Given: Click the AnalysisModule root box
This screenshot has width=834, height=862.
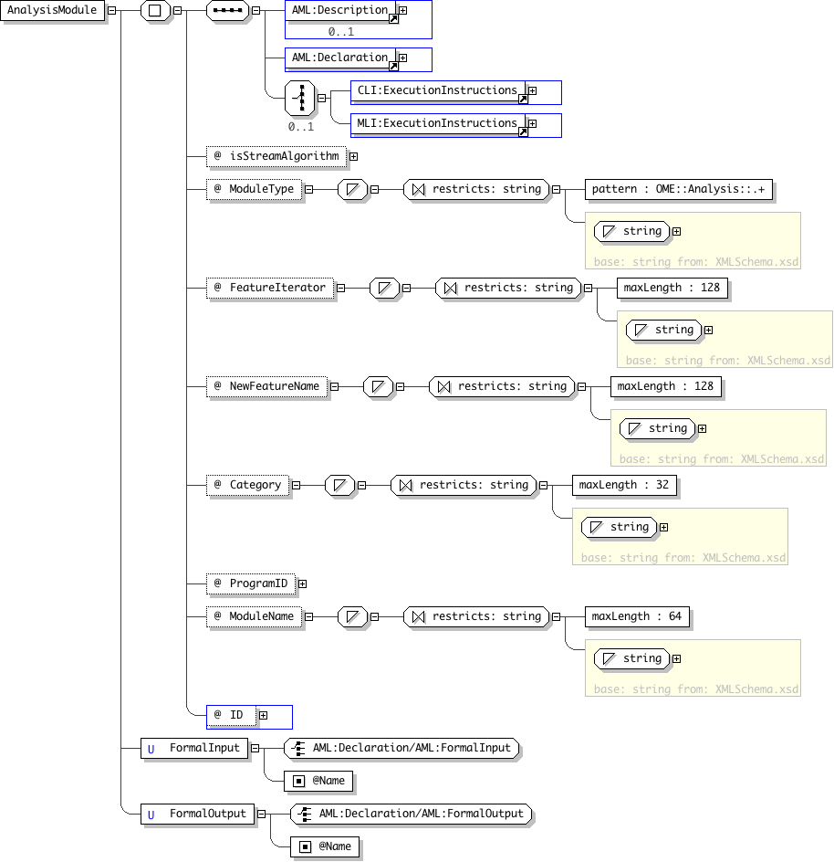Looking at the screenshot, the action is click(52, 10).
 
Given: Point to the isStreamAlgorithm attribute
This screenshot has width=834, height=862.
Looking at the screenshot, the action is click(276, 157).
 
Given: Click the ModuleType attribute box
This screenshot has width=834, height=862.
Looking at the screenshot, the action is click(255, 190).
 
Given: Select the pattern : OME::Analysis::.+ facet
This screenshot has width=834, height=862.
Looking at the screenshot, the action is click(679, 190).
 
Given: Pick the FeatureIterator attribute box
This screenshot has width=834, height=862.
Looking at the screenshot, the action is click(270, 288).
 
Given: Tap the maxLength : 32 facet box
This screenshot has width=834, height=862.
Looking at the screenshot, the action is click(624, 486).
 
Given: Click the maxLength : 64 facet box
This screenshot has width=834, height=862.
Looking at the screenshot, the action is click(637, 616).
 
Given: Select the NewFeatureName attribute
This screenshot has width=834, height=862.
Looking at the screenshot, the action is click(267, 386).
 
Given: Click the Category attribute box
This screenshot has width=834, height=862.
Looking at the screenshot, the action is click(248, 486).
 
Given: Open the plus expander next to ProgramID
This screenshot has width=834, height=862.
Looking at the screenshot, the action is click(302, 583).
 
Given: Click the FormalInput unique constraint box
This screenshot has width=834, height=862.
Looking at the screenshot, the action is click(194, 748).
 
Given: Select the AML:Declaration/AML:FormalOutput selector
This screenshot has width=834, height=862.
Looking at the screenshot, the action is click(412, 815).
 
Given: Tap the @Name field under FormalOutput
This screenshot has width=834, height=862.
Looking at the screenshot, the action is click(325, 846).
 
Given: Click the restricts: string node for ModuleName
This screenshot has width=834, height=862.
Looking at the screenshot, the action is click(476, 616).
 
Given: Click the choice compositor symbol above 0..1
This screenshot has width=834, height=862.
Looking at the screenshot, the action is click(300, 99).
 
